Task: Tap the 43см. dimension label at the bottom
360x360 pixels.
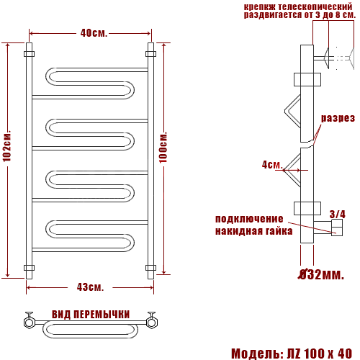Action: pos(91,287)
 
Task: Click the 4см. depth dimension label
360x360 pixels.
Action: pos(271,165)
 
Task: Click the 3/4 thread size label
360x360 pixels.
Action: pos(337,214)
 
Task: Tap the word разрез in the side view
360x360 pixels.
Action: pos(338,118)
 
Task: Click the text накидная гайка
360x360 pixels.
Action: pos(253,231)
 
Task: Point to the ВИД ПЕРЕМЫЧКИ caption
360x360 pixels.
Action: pos(91,315)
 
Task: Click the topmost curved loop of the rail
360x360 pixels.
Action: pos(89,83)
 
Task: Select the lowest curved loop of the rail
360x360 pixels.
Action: pos(89,238)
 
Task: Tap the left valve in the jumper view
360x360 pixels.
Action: pos(29,320)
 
